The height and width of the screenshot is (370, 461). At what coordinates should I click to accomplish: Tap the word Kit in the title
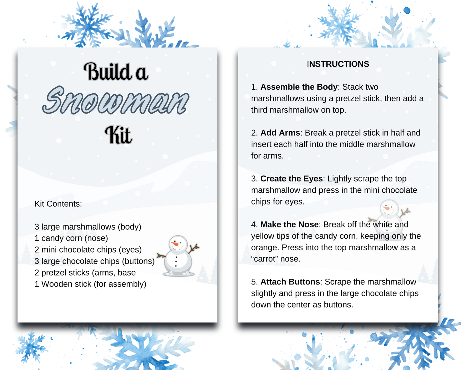point(118,135)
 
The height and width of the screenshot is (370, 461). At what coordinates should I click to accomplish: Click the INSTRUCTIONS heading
point(338,64)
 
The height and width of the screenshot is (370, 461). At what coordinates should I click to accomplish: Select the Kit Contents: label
point(58,204)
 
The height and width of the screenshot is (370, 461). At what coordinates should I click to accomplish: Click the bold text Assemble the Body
point(299,87)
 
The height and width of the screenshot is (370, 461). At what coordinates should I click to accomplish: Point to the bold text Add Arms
point(280,133)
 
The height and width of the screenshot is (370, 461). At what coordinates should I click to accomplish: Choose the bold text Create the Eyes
point(291,179)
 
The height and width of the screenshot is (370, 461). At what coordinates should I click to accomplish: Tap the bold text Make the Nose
point(289,225)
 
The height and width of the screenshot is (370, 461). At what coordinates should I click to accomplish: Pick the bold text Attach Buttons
point(290,282)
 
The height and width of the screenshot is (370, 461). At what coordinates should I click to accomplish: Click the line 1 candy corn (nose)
point(71,238)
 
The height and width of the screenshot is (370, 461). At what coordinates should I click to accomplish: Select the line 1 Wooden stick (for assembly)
point(90,284)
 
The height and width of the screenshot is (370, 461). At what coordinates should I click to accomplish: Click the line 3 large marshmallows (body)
point(88,227)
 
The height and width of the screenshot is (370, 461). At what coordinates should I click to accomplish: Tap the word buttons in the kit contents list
point(138,261)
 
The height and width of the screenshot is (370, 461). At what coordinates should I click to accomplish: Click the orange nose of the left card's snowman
point(175,244)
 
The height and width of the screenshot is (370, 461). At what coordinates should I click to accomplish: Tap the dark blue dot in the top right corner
point(407,11)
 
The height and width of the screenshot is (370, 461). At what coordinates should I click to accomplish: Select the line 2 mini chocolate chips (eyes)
point(88,250)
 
